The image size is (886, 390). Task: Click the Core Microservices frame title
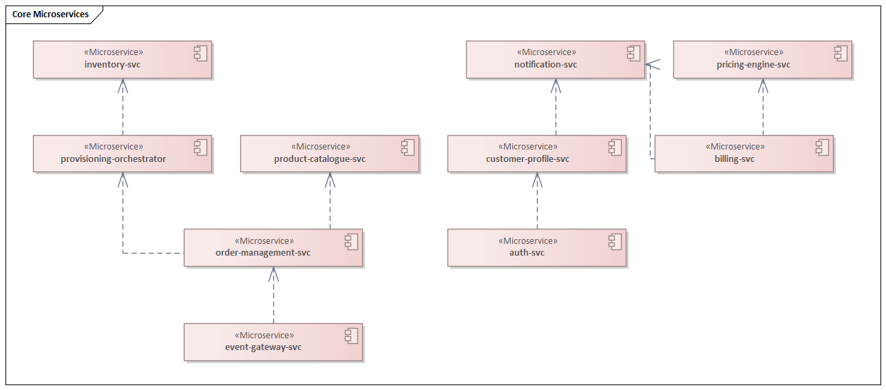coord(50,14)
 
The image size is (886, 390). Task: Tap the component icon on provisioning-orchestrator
coord(201,147)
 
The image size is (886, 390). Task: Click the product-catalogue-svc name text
coord(319,159)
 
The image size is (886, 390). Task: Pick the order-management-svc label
coord(263,253)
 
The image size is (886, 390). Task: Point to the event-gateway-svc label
coord(263,347)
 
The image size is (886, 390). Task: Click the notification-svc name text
coord(545,65)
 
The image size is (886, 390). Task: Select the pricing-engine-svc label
coord(753,65)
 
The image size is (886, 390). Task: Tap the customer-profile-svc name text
coord(527,159)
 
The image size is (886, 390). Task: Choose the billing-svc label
coord(735,159)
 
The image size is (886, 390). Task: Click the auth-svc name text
coord(527,253)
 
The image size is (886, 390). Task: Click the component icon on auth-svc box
coord(615,241)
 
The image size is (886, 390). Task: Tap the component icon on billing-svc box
coord(822,147)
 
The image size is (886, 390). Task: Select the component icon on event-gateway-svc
coord(351,336)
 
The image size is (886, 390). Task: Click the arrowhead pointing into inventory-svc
coord(123,84)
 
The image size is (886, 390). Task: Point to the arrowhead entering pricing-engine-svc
coord(763,84)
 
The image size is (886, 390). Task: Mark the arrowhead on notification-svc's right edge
coord(651,65)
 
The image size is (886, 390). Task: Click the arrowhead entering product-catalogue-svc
coord(330,178)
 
